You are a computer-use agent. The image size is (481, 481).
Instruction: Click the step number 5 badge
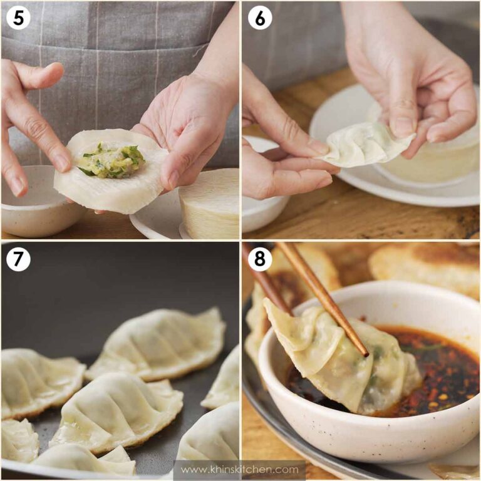[19, 19]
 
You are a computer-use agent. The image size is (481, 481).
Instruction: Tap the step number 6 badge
[260, 19]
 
